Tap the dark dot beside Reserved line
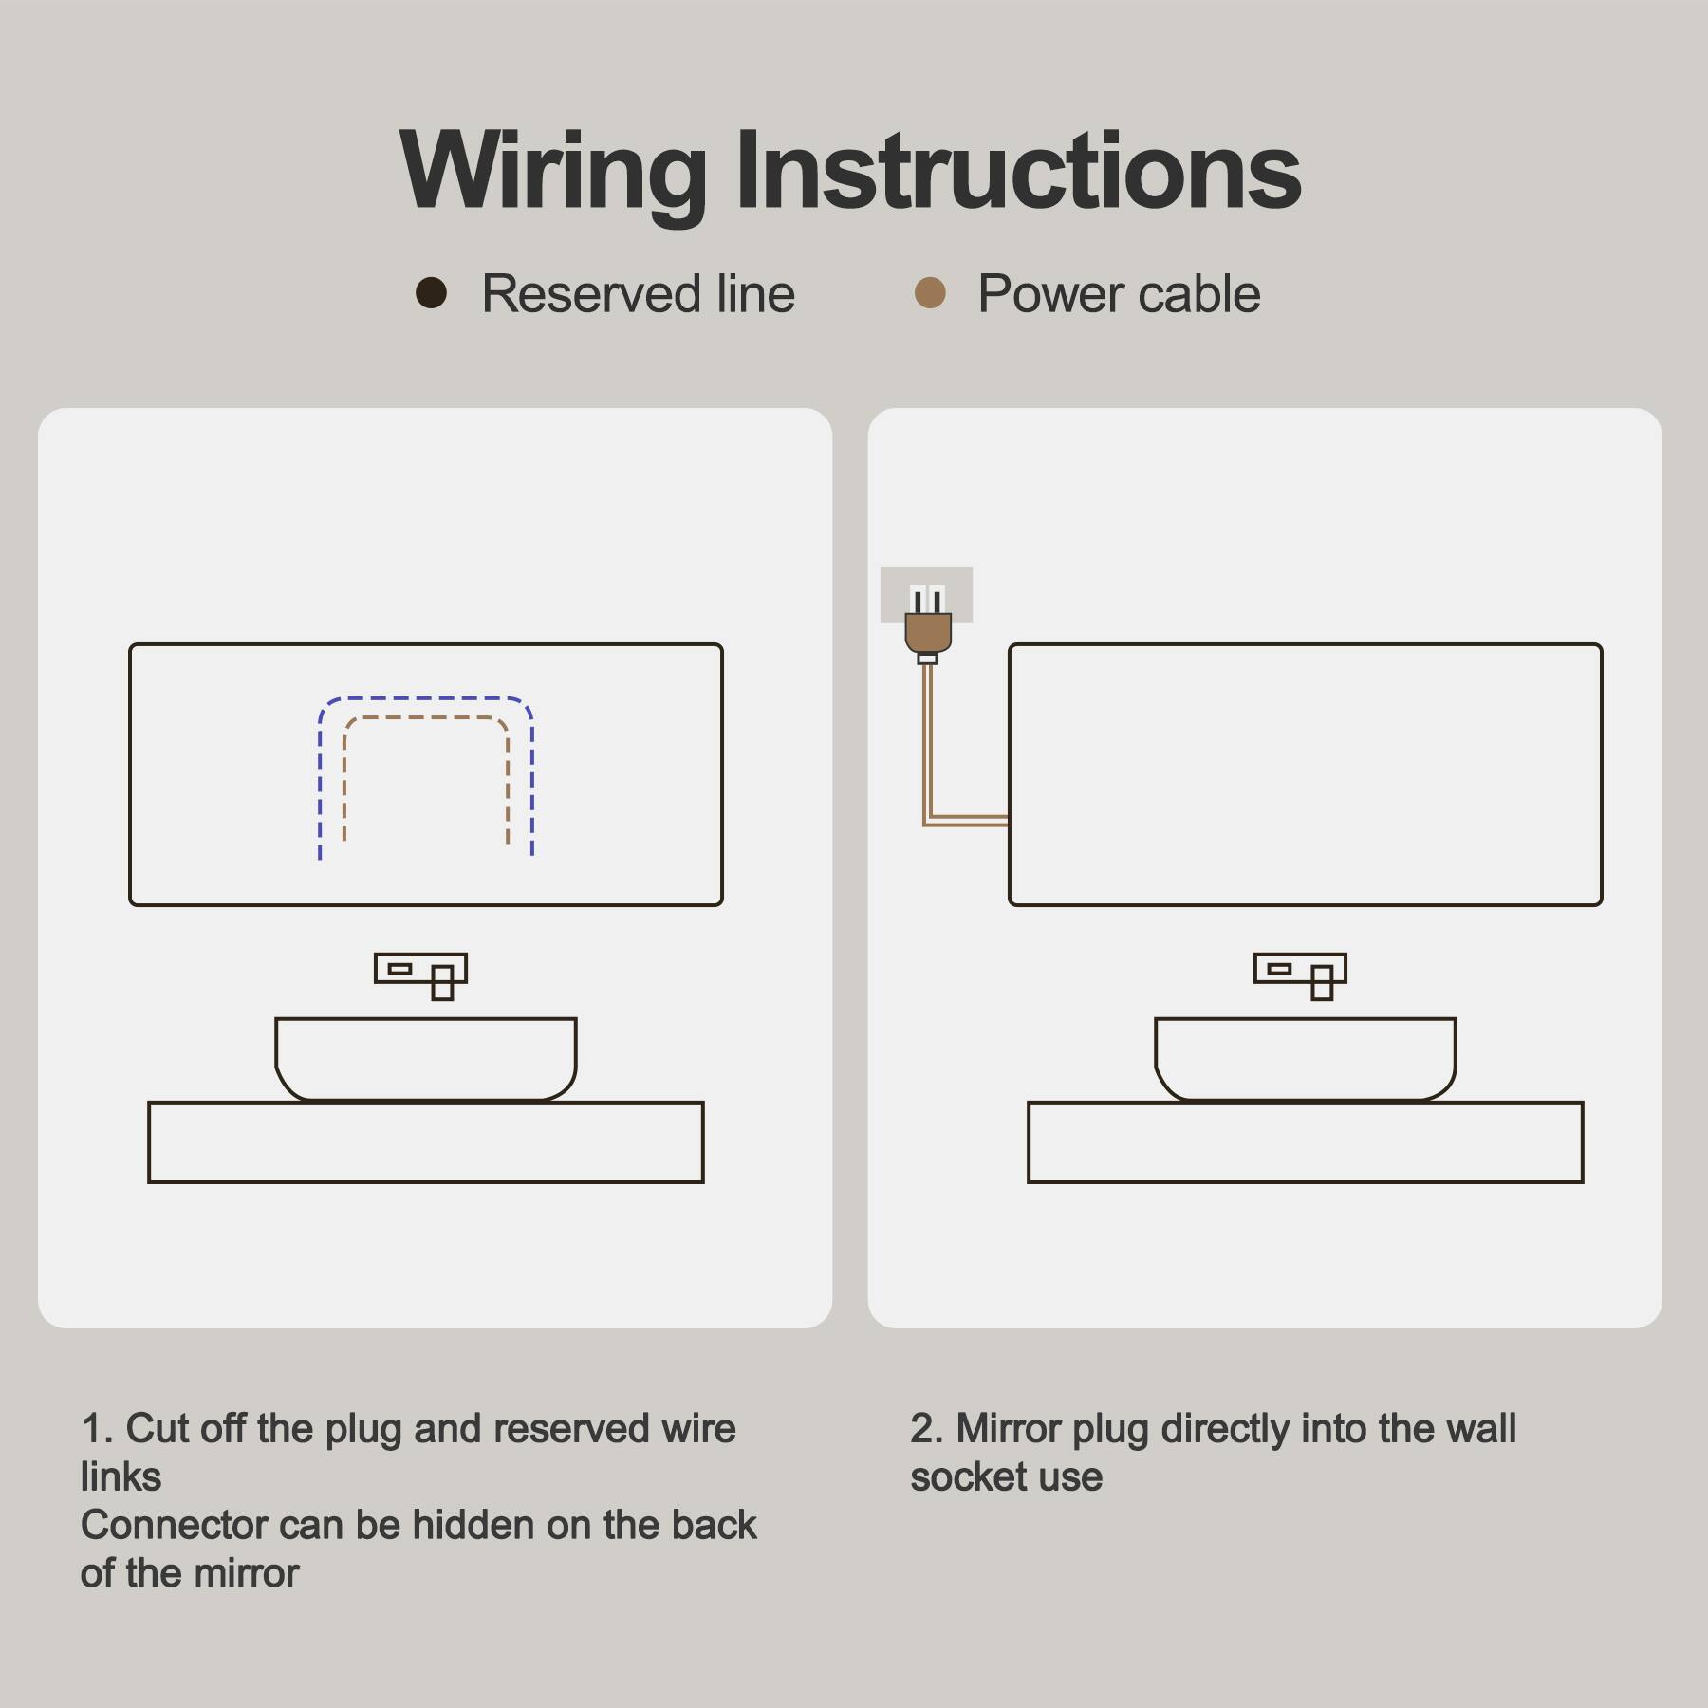(431, 293)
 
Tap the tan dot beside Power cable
(930, 293)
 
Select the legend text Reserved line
(638, 294)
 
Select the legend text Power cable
(1119, 294)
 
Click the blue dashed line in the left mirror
(425, 698)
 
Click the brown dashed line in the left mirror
(425, 718)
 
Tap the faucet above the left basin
(421, 973)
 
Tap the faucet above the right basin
(1300, 973)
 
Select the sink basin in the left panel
(425, 1057)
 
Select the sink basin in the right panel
(1305, 1057)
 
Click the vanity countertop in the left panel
(425, 1142)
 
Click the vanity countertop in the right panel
(1305, 1142)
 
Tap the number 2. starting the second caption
(926, 1429)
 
